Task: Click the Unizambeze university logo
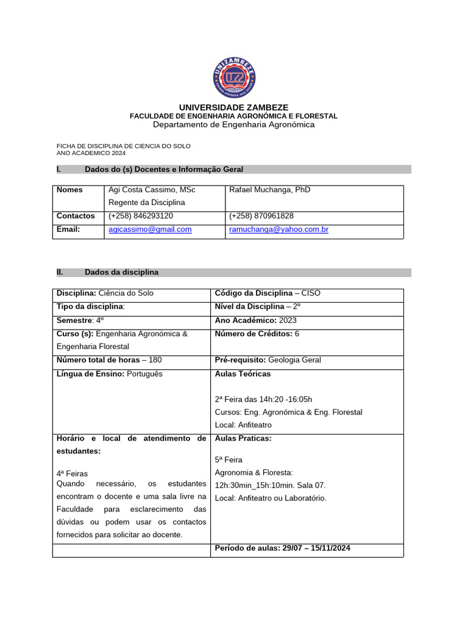pos(234,77)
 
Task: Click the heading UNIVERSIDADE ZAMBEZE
pos(234,107)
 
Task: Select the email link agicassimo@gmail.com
pos(150,229)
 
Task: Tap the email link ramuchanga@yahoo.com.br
pos(278,229)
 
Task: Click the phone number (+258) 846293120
pos(141,216)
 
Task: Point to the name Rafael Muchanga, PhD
pos(269,190)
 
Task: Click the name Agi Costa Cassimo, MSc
pos(152,190)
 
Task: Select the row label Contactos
pos(76,216)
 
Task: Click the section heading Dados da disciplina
pos(121,272)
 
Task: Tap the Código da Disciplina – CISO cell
pos(268,293)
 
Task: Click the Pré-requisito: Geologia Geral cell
pos(268,360)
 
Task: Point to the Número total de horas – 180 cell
pos(109,360)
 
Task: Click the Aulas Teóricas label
pos(243,374)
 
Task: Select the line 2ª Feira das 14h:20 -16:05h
pos(263,399)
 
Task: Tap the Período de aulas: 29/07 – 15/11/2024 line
pos(282,548)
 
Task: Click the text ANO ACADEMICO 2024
pos(91,153)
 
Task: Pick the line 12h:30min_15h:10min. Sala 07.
pos(270,485)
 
